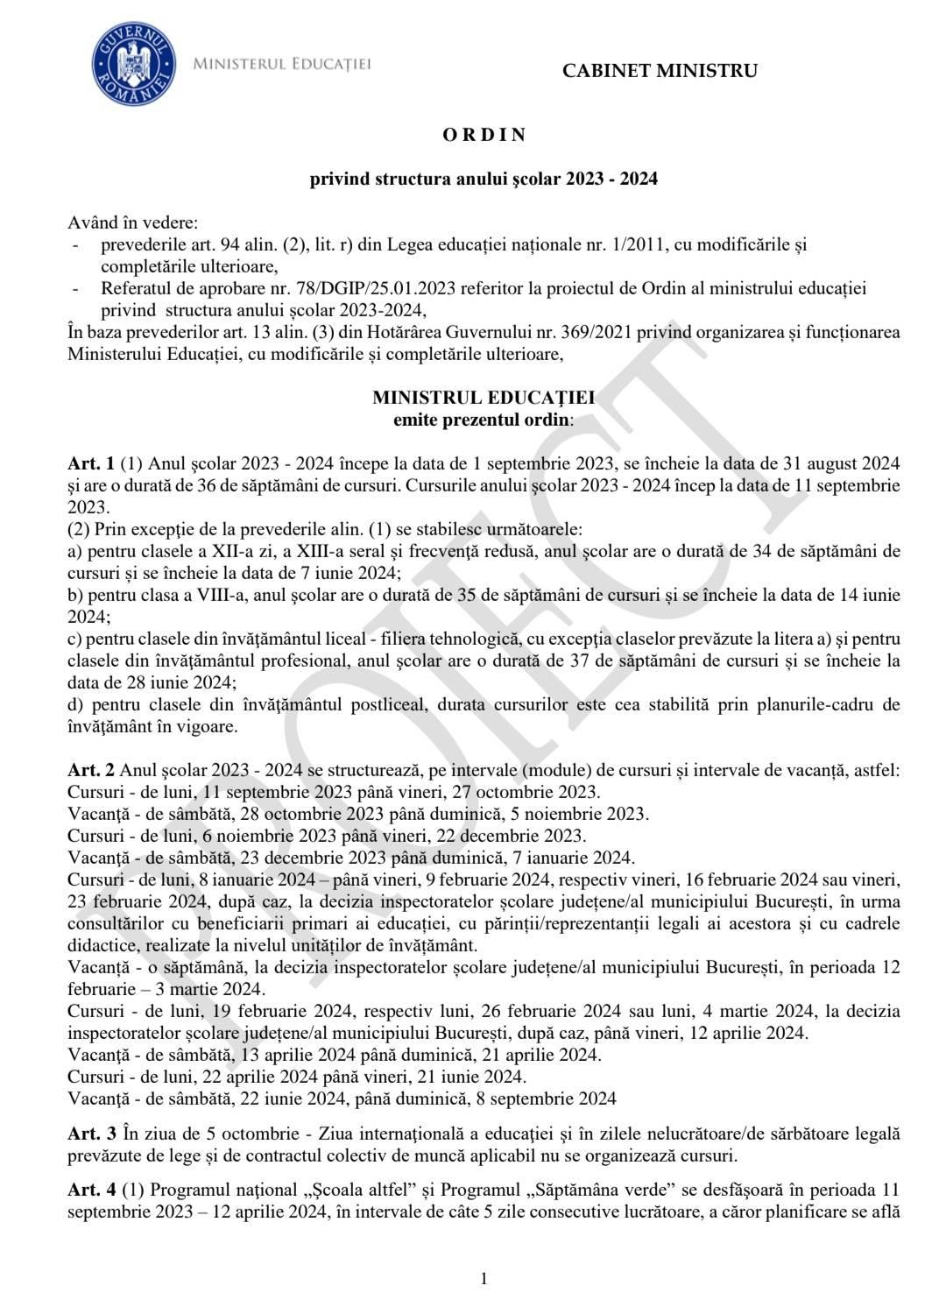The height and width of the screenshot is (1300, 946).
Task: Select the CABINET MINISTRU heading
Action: point(660,71)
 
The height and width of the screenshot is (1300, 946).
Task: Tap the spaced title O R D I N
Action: point(484,135)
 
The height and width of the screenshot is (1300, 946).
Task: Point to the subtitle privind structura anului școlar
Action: point(484,179)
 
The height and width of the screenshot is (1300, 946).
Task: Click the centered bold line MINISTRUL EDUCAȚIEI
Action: point(484,397)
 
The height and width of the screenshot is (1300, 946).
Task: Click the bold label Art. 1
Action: point(91,463)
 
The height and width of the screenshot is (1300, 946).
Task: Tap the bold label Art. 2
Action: point(91,771)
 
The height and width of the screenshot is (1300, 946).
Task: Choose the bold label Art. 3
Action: point(91,1134)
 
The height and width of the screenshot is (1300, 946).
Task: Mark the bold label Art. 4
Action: point(91,1190)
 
